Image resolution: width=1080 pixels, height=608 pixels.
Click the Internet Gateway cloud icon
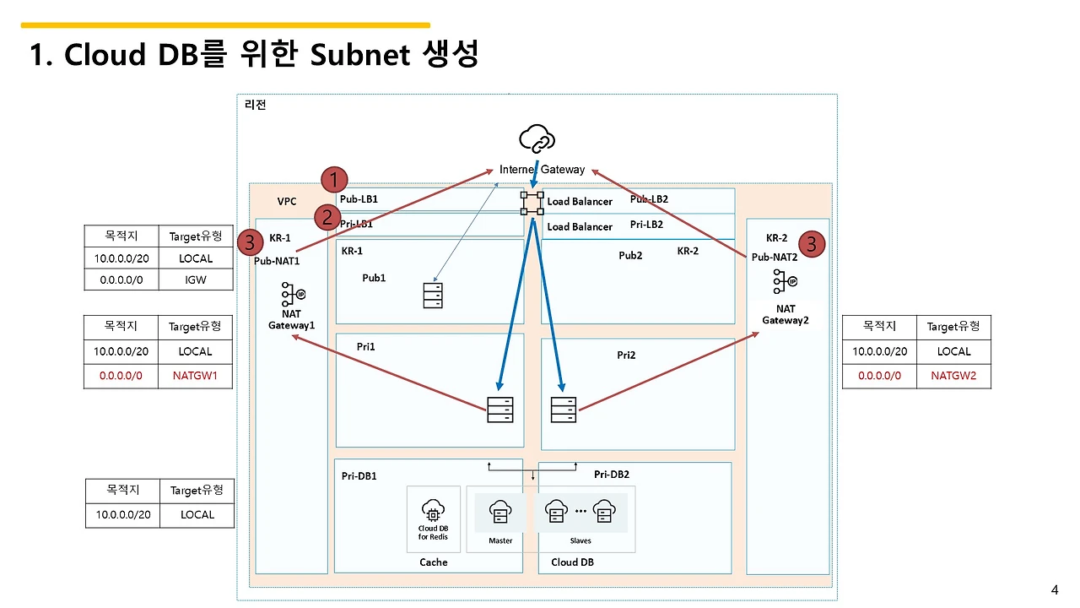pyautogui.click(x=537, y=138)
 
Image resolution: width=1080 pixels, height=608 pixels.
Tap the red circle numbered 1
pyautogui.click(x=335, y=180)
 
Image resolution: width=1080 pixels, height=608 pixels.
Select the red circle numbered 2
pyautogui.click(x=327, y=217)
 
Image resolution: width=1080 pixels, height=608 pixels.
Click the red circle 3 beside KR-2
pyautogui.click(x=811, y=244)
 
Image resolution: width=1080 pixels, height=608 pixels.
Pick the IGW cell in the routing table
pyautogui.click(x=196, y=280)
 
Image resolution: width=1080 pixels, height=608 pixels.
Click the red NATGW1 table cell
pyautogui.click(x=196, y=376)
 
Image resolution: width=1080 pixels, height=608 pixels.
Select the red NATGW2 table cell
pyautogui.click(x=953, y=376)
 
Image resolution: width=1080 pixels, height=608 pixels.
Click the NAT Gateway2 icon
pyautogui.click(x=786, y=281)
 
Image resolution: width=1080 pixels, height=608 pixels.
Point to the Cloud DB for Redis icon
pyautogui.click(x=433, y=511)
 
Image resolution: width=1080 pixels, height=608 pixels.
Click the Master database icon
pyautogui.click(x=500, y=513)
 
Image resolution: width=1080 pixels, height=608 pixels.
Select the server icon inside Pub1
pyautogui.click(x=432, y=295)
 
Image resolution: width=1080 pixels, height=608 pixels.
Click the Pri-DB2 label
pyautogui.click(x=612, y=475)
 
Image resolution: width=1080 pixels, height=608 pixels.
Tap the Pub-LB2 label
pyautogui.click(x=649, y=199)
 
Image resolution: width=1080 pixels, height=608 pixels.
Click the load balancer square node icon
pyautogui.click(x=532, y=202)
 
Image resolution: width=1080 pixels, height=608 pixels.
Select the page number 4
pyautogui.click(x=1054, y=589)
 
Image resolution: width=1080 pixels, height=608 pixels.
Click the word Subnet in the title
pyautogui.click(x=359, y=55)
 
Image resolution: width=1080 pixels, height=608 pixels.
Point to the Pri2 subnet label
pyautogui.click(x=626, y=356)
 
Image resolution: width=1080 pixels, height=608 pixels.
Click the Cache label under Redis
pyautogui.click(x=434, y=562)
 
